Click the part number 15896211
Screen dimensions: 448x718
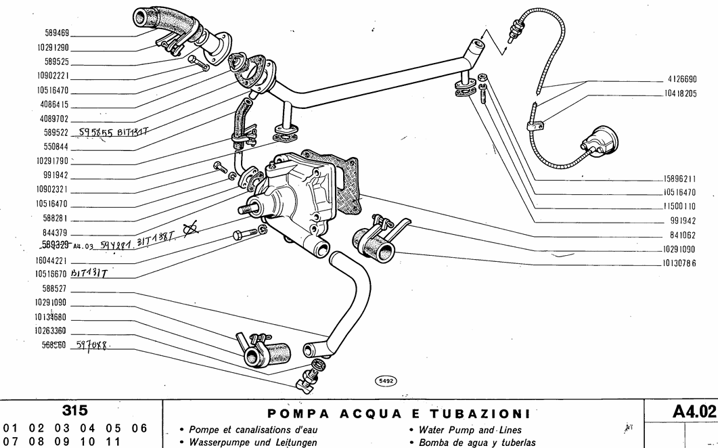[x=680, y=179]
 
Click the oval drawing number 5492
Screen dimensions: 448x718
[x=385, y=381]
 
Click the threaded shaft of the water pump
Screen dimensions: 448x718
[x=246, y=210]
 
